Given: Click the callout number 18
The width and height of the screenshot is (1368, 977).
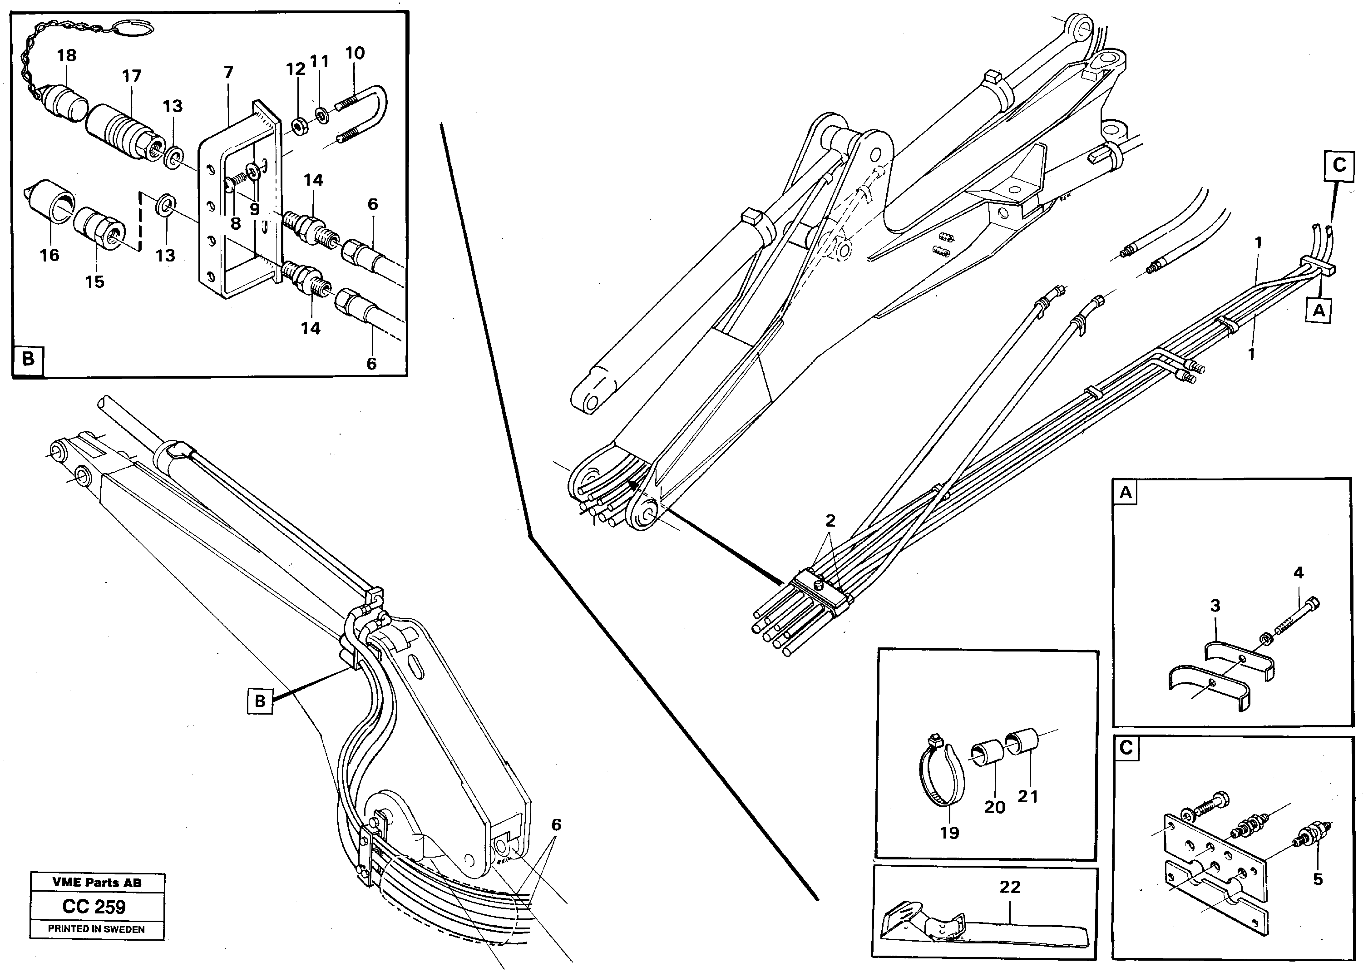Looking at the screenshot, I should [x=66, y=55].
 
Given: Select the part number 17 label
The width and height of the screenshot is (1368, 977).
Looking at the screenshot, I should [x=131, y=76].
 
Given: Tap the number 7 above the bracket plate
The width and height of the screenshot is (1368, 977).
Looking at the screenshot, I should [x=228, y=73].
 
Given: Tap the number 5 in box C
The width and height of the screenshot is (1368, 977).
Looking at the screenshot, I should [x=1318, y=879].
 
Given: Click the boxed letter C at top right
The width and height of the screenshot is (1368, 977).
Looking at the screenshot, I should [x=1339, y=165].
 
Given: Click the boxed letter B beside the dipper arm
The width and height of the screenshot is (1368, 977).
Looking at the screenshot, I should [x=260, y=701].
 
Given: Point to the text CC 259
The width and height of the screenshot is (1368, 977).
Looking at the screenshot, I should [x=94, y=907].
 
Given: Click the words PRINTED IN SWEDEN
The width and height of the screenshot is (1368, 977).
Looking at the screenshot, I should [x=96, y=929].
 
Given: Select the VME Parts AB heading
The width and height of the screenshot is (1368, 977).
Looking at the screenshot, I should [x=97, y=883].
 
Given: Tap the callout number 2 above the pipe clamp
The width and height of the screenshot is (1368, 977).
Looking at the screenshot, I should [x=830, y=521].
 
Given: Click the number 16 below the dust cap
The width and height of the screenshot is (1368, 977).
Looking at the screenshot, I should [x=49, y=255].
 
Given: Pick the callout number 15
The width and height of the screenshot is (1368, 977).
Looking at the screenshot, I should [x=94, y=281].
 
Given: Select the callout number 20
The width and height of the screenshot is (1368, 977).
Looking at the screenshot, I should [x=994, y=807].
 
